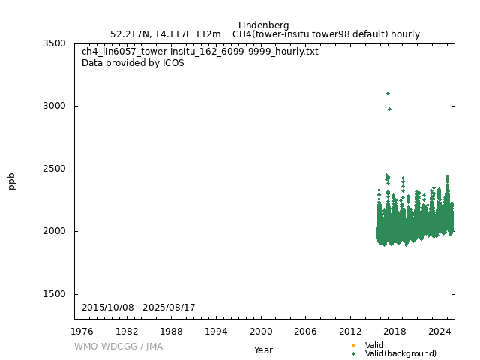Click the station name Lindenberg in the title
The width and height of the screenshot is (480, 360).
coord(264,25)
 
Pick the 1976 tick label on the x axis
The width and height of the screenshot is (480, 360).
coord(82,331)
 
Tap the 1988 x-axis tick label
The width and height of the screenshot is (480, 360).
coord(172,331)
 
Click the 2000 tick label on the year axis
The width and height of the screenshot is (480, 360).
coord(261,331)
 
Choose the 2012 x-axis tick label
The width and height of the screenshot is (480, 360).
coord(350,331)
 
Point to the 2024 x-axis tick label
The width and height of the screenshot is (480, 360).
coord(439,331)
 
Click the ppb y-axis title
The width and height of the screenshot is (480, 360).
coord(12,181)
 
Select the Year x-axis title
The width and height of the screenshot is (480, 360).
coord(263,349)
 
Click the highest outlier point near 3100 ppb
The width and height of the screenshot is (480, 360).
coord(388,93)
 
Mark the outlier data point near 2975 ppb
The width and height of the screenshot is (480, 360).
coord(389,109)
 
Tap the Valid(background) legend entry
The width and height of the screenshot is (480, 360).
coord(400,353)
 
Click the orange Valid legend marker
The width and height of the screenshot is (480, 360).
coord(353,345)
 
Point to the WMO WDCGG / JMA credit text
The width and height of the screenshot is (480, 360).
coord(118,346)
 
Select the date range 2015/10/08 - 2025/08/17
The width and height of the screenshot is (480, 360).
coord(139,307)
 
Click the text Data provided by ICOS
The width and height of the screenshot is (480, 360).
coord(133,63)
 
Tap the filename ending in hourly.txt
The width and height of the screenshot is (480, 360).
coord(200,52)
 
